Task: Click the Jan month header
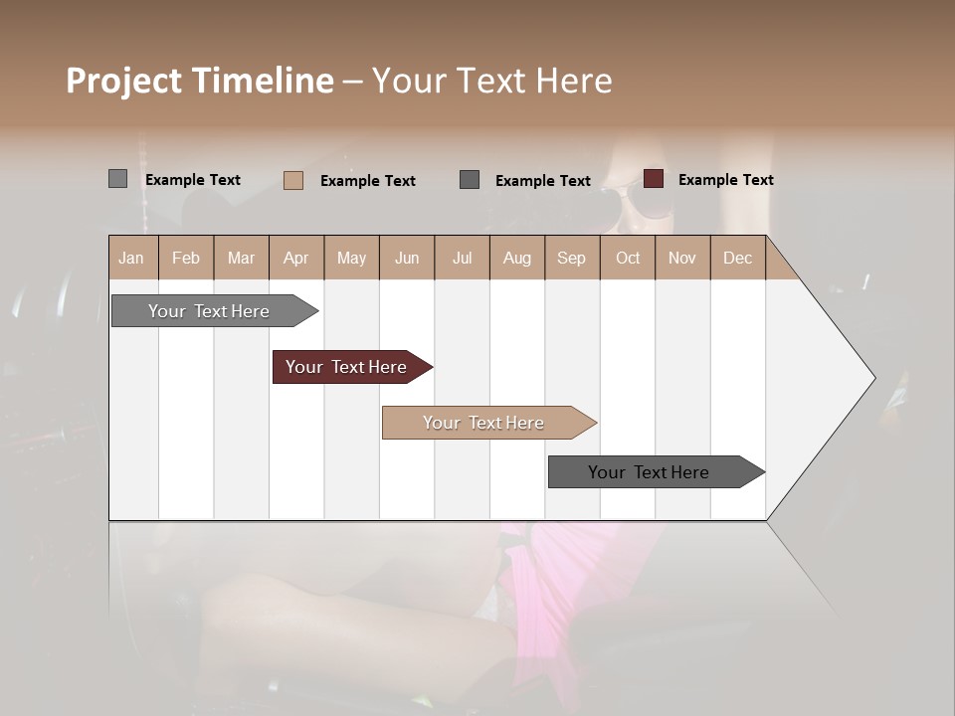click(x=131, y=258)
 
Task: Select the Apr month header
click(x=295, y=258)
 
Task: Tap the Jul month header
click(x=462, y=258)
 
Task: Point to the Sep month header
click(x=571, y=258)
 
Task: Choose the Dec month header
click(x=737, y=258)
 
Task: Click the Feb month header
click(x=186, y=258)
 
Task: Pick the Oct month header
click(x=628, y=258)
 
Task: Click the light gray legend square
click(x=117, y=179)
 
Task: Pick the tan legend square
click(x=293, y=180)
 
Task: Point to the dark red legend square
click(x=654, y=179)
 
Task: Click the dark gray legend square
click(x=470, y=180)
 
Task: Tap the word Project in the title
click(x=123, y=81)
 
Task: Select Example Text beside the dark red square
click(x=725, y=180)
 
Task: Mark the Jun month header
click(x=407, y=258)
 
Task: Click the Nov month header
click(x=681, y=258)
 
